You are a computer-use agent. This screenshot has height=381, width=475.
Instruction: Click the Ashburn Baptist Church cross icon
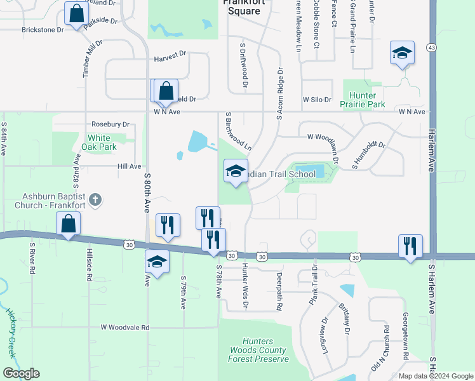(95, 201)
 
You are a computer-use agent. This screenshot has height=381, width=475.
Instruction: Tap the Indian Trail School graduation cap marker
(235, 171)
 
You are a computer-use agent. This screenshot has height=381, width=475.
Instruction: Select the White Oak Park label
(98, 142)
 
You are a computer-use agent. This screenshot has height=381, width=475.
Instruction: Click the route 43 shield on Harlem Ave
(432, 48)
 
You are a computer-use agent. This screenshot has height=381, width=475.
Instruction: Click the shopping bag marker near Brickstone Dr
(76, 14)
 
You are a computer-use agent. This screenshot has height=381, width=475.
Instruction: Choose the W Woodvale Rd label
(124, 328)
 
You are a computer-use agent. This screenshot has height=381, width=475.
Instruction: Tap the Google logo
(21, 373)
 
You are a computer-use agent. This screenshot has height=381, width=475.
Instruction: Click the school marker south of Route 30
(157, 261)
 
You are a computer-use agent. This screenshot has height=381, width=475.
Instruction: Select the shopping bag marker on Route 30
(69, 224)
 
